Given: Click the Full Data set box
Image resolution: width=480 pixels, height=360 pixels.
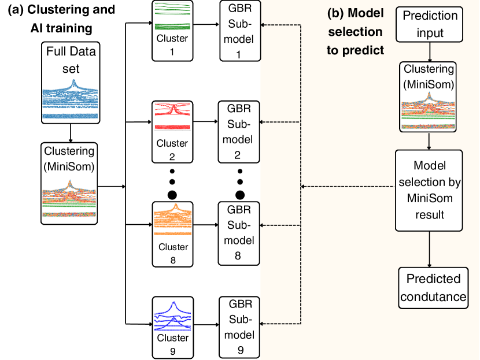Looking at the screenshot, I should click(x=70, y=83).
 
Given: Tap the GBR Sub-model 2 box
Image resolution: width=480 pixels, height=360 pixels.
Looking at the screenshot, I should click(x=239, y=131).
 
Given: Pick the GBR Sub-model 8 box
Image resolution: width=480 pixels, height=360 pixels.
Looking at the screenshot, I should click(x=239, y=233).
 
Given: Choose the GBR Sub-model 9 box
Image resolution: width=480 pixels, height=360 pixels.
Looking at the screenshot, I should click(x=239, y=326).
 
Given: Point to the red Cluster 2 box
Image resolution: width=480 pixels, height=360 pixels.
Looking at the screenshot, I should click(x=172, y=131).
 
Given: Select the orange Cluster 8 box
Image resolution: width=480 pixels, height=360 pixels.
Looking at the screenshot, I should click(x=172, y=233).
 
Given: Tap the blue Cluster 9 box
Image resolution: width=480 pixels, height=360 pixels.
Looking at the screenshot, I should click(x=172, y=326).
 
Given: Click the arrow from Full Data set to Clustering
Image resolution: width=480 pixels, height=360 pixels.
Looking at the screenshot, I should click(x=70, y=132).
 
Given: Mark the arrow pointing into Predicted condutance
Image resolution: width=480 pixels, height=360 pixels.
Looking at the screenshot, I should click(x=429, y=248).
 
